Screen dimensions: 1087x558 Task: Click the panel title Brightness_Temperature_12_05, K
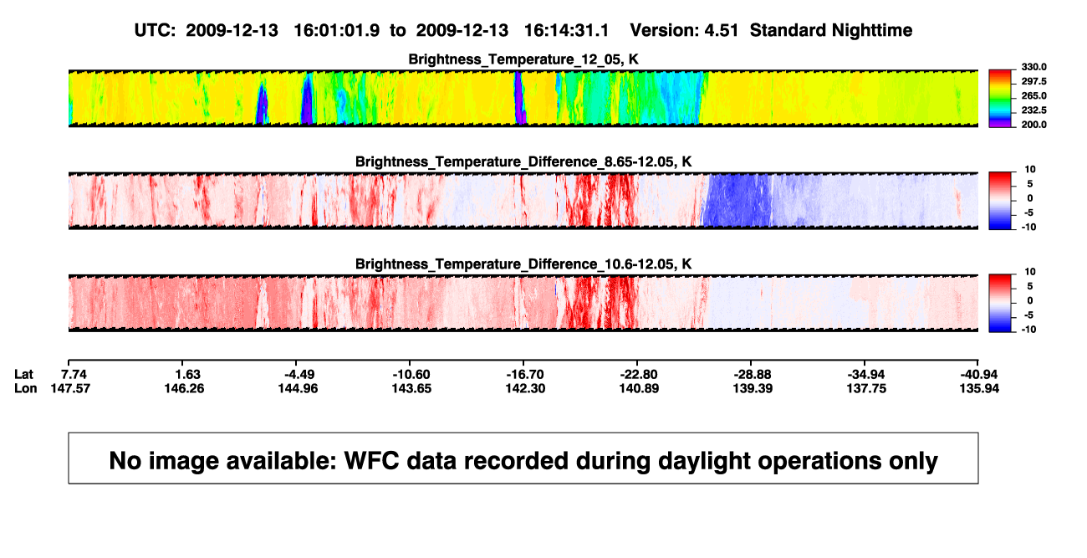(523, 59)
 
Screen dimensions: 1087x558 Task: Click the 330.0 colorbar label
(1033, 67)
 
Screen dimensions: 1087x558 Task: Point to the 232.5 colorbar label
(1033, 110)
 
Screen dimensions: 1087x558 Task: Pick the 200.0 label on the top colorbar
(1033, 125)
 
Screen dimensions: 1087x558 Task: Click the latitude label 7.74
(74, 375)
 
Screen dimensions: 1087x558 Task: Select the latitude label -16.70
(525, 375)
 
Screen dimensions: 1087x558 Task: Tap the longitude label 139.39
(753, 388)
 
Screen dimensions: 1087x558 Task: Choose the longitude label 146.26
(184, 388)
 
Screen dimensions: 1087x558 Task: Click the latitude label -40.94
(979, 375)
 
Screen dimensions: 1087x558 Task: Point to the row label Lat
(23, 375)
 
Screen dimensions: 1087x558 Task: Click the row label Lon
(26, 388)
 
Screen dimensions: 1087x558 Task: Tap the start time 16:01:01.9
(337, 31)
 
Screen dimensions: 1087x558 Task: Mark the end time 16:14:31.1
(566, 31)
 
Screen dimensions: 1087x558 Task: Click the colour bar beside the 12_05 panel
(1000, 99)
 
